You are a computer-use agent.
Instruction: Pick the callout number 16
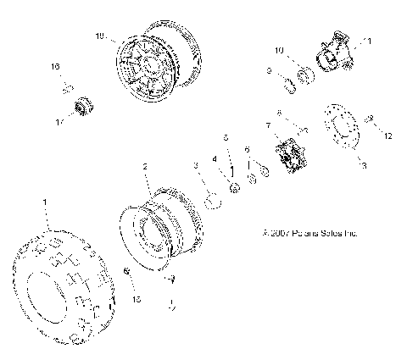[x=55, y=66]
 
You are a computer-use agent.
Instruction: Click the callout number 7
[x=269, y=125]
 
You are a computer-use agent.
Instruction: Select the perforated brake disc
[x=339, y=131]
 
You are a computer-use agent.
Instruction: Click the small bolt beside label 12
[x=370, y=122]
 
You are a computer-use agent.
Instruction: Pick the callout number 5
[x=225, y=137]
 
